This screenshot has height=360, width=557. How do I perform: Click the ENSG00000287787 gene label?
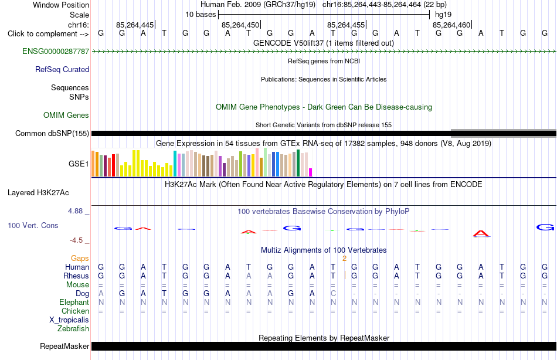(x=56, y=51)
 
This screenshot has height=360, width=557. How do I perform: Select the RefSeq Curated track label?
(x=62, y=69)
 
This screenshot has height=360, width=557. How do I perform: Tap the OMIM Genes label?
(x=66, y=115)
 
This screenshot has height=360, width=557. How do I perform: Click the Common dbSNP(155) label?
(x=52, y=133)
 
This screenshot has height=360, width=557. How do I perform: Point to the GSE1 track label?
(x=79, y=164)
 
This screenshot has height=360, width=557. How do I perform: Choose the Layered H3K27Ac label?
(x=38, y=193)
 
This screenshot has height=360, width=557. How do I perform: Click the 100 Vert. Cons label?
(x=33, y=225)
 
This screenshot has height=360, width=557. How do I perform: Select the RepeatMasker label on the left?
(x=64, y=346)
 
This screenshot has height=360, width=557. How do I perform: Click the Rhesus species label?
(x=76, y=276)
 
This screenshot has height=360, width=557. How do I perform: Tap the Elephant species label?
(x=74, y=302)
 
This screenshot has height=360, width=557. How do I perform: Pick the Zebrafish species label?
(x=73, y=328)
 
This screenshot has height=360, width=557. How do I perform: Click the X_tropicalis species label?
(x=69, y=320)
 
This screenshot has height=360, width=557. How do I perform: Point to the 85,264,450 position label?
(x=240, y=25)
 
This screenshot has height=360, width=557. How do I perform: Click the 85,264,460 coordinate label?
(x=451, y=25)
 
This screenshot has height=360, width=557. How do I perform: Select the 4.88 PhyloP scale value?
(x=75, y=210)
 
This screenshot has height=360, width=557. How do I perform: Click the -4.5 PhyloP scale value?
(x=76, y=240)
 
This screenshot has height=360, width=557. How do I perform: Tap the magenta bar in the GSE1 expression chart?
(x=311, y=172)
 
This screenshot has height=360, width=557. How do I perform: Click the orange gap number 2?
(x=344, y=259)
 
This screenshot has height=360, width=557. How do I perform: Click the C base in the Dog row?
(x=333, y=294)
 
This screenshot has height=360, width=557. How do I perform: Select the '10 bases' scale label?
(x=201, y=15)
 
